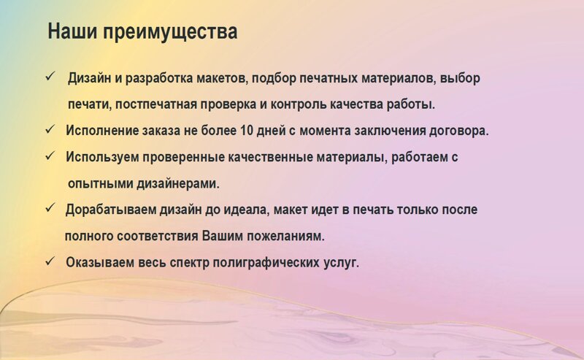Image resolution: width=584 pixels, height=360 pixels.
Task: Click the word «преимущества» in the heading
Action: coord(170,32)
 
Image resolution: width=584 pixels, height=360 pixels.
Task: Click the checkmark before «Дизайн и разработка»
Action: coord(50,77)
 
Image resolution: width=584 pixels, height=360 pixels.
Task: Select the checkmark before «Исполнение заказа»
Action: coord(50,130)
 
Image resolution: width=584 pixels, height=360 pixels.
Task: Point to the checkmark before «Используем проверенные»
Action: coord(50,156)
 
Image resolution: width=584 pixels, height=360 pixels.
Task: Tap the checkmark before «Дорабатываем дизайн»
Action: coord(50,208)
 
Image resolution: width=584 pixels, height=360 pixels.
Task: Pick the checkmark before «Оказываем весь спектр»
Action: coord(50,261)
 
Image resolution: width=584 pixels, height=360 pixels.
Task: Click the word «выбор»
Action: coord(460,79)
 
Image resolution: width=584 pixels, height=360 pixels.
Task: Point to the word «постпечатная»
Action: coord(156,104)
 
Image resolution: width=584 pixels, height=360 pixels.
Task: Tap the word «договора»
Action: coord(459,131)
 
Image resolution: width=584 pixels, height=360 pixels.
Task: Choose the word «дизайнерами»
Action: coord(178,184)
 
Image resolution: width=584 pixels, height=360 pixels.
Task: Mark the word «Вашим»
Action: coord(223,236)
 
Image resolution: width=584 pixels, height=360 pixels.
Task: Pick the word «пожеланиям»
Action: coord(286,237)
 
